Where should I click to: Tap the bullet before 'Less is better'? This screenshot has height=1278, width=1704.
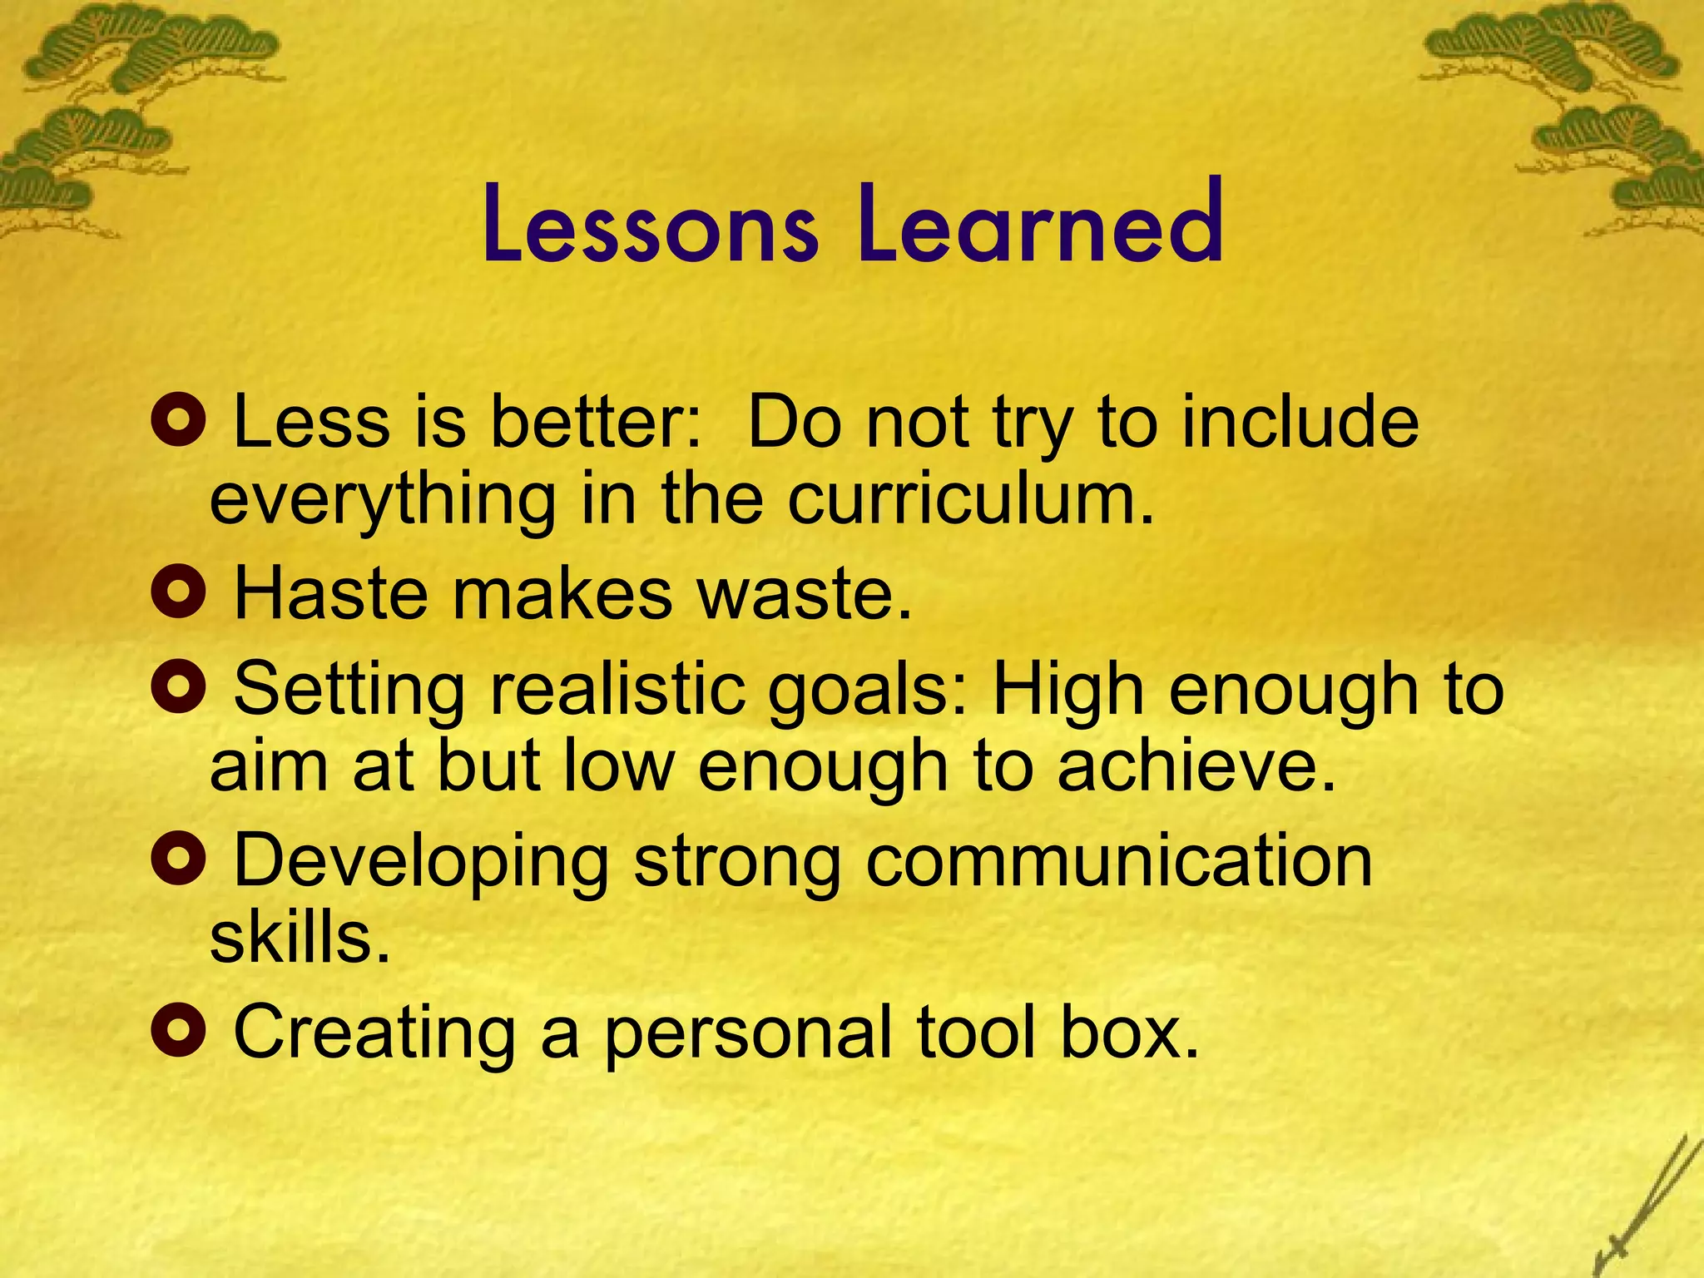coord(178,419)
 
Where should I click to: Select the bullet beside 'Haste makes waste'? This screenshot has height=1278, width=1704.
coord(178,592)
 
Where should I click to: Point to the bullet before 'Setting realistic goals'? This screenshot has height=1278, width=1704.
coord(178,687)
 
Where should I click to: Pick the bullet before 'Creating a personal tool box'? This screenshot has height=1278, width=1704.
coord(178,1030)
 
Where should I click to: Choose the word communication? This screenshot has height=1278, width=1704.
coord(1118,860)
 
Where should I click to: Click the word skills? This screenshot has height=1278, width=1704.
coord(300,937)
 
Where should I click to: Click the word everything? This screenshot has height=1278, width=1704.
coord(383,501)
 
